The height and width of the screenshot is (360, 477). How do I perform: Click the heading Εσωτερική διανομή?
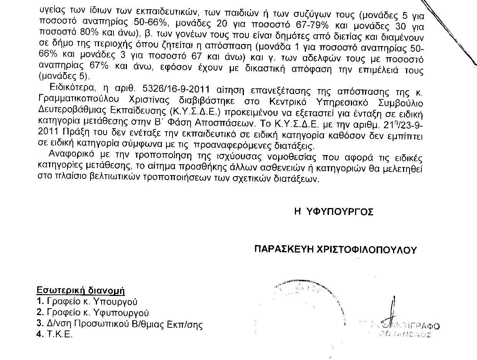pos(81,290)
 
